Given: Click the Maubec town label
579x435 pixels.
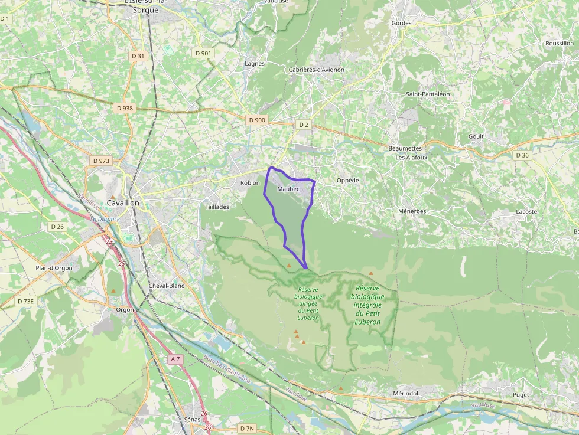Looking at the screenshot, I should click(288, 189).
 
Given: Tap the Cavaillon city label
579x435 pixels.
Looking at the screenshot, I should click(123, 203).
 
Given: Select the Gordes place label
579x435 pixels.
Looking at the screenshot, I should click(401, 23).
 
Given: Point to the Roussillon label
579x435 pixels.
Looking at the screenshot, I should click(559, 44).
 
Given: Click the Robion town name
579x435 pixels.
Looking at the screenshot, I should click(250, 183).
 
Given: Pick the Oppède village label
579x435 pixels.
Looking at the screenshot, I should click(347, 181).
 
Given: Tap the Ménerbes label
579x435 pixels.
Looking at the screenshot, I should click(412, 211).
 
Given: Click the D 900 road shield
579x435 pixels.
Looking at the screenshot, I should click(257, 120).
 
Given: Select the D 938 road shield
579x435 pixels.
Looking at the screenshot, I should click(125, 109).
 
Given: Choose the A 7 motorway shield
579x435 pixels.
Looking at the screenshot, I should click(175, 359).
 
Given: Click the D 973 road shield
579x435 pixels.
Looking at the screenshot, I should click(101, 161).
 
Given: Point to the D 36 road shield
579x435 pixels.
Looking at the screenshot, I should click(522, 155).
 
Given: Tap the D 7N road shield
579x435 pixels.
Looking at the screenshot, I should click(247, 427).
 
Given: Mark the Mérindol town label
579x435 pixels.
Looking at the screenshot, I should click(405, 393).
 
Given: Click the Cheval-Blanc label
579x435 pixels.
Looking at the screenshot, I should click(167, 286).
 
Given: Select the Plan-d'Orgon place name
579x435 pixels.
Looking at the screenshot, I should click(54, 268).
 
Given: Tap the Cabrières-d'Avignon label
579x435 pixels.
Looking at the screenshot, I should click(316, 70).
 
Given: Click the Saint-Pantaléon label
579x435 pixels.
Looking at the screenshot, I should click(428, 94).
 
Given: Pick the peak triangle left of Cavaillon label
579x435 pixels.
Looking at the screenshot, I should click(113, 197).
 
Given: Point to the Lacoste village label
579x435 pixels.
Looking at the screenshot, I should click(526, 211).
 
